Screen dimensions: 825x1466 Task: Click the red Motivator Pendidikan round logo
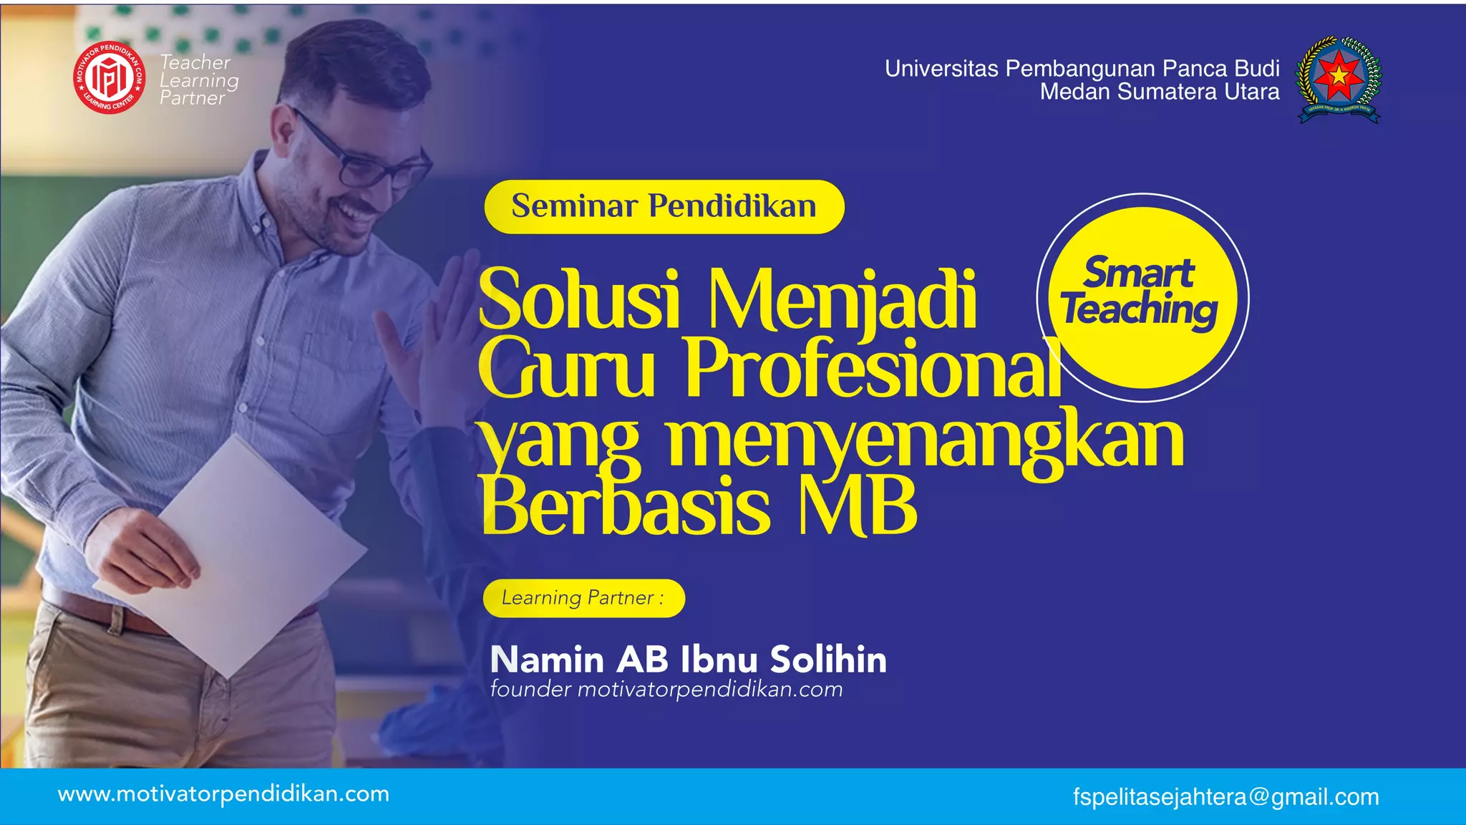(110, 77)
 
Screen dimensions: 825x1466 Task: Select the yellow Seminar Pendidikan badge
(664, 206)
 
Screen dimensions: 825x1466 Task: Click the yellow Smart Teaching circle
(1142, 297)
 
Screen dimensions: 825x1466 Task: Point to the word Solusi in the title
(580, 299)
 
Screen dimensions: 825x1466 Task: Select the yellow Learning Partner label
(583, 598)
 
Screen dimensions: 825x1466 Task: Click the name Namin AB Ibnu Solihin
(688, 659)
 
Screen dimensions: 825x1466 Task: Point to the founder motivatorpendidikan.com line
(666, 690)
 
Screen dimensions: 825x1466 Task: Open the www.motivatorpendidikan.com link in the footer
(223, 794)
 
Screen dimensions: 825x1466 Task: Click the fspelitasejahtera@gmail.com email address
(1225, 796)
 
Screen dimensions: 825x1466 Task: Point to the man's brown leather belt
(107, 613)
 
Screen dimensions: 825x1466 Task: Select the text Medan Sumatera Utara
(1159, 92)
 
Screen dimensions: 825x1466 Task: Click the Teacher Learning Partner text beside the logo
(198, 80)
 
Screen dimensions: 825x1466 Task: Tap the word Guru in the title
(566, 368)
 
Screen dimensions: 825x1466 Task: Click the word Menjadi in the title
(842, 299)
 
